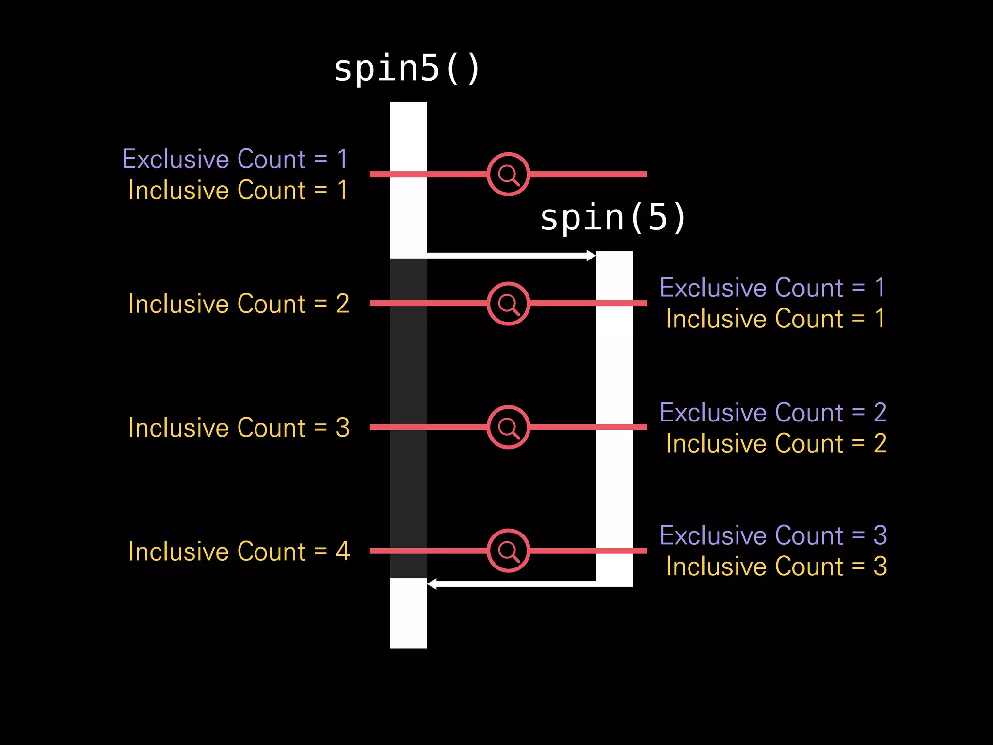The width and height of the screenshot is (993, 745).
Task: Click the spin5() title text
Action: (x=407, y=69)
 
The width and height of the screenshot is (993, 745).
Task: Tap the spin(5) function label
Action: (x=613, y=218)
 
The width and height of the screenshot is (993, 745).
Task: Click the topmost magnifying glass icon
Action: (x=508, y=174)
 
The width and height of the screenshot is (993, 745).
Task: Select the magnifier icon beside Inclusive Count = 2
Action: (x=508, y=304)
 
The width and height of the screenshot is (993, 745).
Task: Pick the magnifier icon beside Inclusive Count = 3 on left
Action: (x=508, y=427)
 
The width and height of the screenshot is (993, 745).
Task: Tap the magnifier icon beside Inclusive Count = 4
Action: (x=508, y=551)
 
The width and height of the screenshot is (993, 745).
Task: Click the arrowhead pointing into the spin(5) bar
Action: (x=591, y=256)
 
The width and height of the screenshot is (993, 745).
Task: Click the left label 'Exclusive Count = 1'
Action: (x=235, y=159)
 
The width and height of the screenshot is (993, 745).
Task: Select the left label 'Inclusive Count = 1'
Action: (x=238, y=190)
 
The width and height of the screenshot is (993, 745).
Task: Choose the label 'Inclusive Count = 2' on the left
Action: (x=239, y=304)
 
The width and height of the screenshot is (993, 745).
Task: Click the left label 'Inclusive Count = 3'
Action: (x=239, y=428)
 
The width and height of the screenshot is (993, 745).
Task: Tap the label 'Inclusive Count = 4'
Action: (x=239, y=551)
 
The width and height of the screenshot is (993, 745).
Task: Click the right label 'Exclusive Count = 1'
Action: (x=773, y=288)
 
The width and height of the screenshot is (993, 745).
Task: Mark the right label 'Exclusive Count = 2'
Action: (x=773, y=413)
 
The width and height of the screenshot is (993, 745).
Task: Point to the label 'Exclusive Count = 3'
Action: (x=773, y=536)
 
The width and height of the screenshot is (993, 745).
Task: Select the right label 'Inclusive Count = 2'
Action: (x=776, y=443)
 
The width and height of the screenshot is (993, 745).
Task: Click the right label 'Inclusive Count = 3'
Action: (x=776, y=567)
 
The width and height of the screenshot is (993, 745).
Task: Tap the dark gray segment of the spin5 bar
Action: (x=408, y=417)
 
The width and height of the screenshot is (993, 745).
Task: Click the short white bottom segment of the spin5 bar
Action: (x=408, y=613)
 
